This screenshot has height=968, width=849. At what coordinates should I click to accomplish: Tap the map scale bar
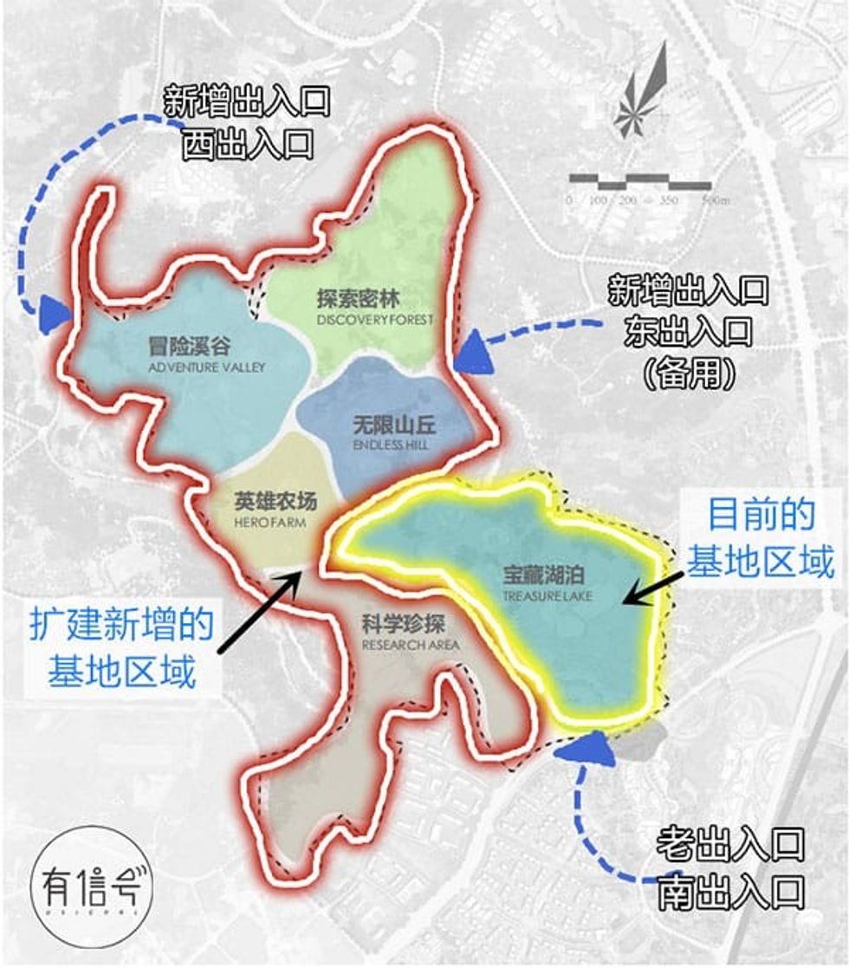[x=639, y=182]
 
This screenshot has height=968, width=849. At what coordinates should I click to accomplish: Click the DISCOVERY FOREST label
[x=374, y=309]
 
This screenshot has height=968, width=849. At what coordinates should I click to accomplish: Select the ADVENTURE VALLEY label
[x=206, y=355]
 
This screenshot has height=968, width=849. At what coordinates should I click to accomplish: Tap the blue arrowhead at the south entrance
[x=581, y=748]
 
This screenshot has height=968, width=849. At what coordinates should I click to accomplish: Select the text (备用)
[x=690, y=374]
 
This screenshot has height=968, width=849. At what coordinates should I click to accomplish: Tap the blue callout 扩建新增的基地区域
[x=121, y=646]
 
